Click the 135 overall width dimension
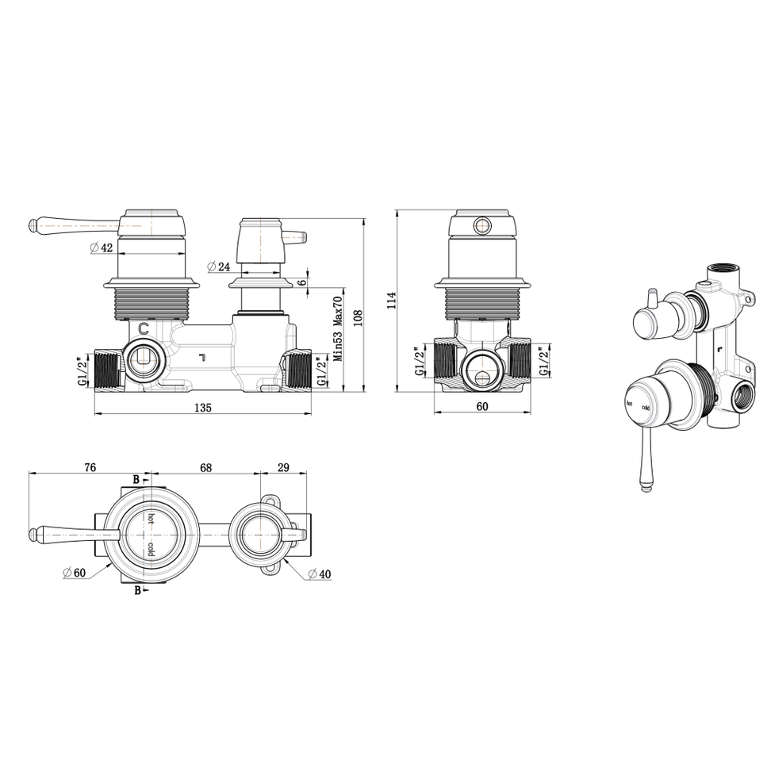click(202, 409)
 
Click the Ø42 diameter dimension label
click(102, 247)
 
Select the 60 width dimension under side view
click(481, 407)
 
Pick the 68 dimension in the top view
click(205, 468)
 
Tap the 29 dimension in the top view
click(283, 468)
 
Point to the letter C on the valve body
click(144, 328)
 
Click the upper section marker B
click(136, 479)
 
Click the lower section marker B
click(136, 590)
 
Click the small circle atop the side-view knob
click(481, 226)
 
